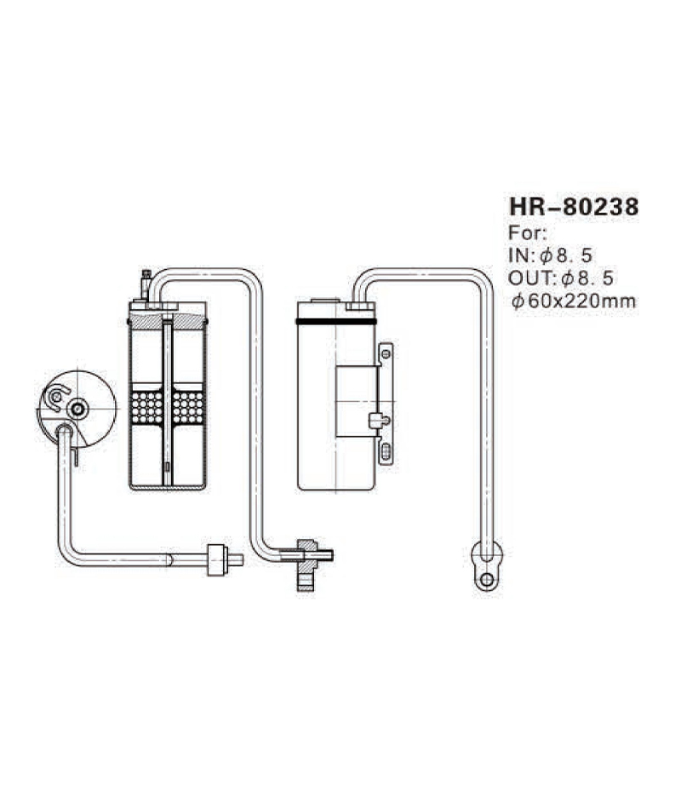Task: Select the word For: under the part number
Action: pos(528,232)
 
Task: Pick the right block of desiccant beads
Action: pos(188,405)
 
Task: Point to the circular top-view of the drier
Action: pos(77,409)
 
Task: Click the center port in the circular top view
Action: pos(78,409)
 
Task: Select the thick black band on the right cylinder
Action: pos(336,322)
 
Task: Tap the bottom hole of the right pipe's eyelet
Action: pos(486,580)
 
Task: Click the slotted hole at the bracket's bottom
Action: pos(386,452)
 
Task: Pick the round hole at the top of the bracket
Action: pos(386,350)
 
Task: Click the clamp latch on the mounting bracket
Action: pos(375,420)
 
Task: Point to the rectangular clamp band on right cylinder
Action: pos(356,401)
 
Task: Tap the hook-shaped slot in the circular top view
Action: pos(56,395)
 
